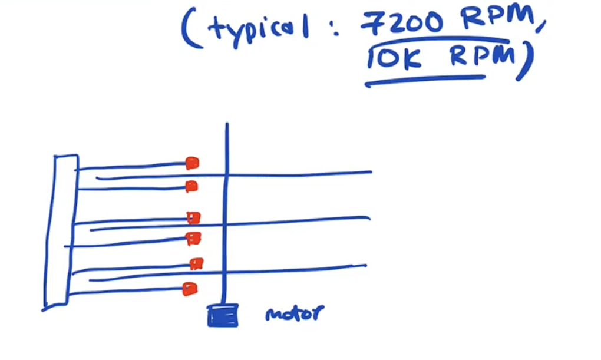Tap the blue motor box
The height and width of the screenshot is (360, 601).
pos(223,315)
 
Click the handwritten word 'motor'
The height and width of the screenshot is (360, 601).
pos(294,313)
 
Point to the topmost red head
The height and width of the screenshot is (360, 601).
pos(192,163)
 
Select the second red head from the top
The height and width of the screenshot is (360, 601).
pos(191,187)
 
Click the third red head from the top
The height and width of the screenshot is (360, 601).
pos(193,217)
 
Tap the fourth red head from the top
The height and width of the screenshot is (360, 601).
pos(193,238)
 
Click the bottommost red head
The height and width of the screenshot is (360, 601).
pos(189,289)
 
